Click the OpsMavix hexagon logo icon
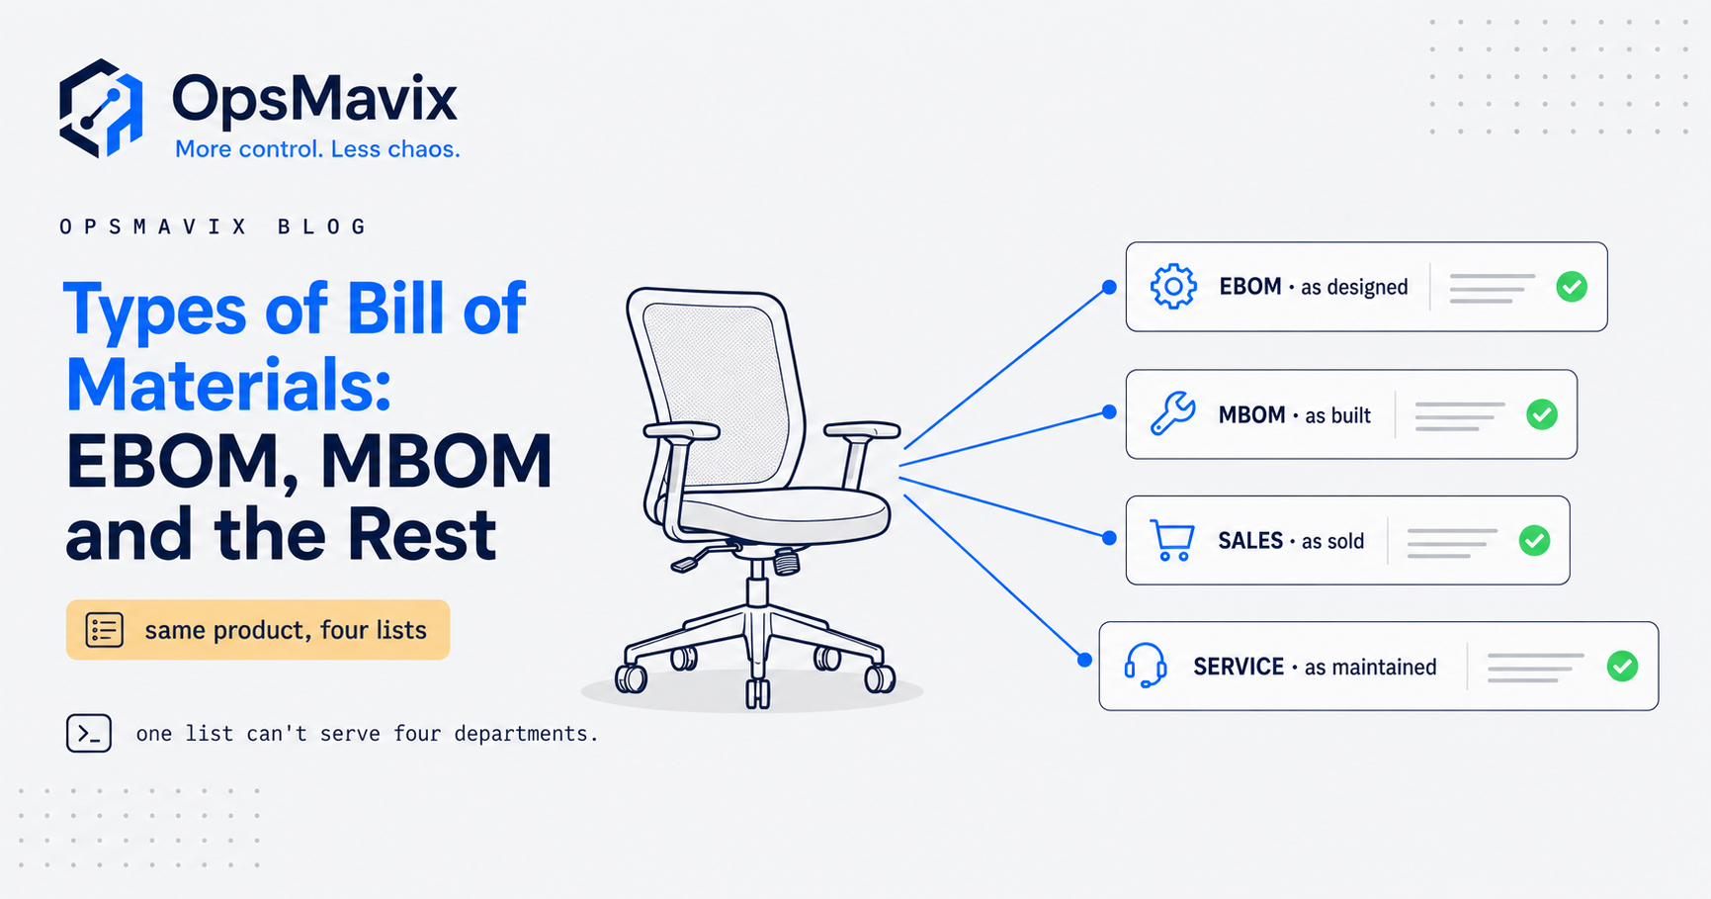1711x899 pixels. pyautogui.click(x=101, y=108)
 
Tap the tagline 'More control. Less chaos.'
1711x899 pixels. pyautogui.click(x=317, y=149)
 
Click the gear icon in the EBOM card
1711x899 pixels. pyautogui.click(x=1173, y=287)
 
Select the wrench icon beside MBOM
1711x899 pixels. pyautogui.click(x=1173, y=413)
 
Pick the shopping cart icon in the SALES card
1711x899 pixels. pyautogui.click(x=1172, y=540)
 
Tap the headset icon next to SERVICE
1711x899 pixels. pyautogui.click(x=1146, y=666)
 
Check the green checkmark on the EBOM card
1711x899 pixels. pyautogui.click(x=1572, y=287)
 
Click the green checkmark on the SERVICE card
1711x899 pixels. pyautogui.click(x=1622, y=667)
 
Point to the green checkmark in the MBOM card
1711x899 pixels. pyautogui.click(x=1542, y=414)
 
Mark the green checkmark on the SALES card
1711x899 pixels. pyautogui.click(x=1534, y=541)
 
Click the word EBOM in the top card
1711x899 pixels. pyautogui.click(x=1250, y=287)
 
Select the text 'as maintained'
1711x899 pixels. pyautogui.click(x=1370, y=668)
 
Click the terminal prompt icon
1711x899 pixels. pyautogui.click(x=89, y=734)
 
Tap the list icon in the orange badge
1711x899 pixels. pyautogui.click(x=104, y=630)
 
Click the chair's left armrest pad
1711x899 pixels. pyautogui.click(x=680, y=430)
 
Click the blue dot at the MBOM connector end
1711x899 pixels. pyautogui.click(x=1109, y=412)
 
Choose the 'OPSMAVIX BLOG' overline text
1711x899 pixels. pyautogui.click(x=213, y=227)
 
